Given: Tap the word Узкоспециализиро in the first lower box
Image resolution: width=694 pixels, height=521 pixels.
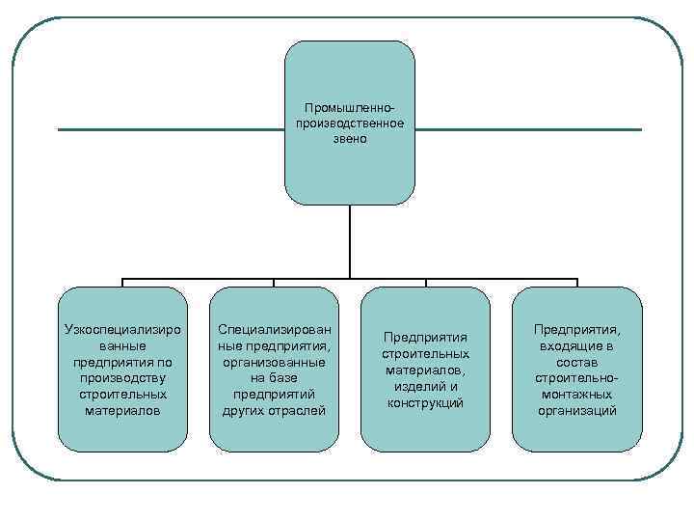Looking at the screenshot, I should pos(122,329).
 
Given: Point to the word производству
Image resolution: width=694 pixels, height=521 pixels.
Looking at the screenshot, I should pos(122,378).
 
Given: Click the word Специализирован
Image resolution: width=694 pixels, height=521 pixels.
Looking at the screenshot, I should pos(274,329).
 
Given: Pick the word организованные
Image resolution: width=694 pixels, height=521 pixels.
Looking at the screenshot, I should pos(274,362).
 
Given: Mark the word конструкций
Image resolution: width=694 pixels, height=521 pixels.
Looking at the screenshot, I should pos(425,402).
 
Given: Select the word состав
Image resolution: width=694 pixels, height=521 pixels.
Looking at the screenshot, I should pos(576,362).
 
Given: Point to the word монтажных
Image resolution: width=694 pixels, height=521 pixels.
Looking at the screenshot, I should pos(576,395).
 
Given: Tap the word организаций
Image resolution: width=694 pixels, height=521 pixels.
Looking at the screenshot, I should pos(576,411).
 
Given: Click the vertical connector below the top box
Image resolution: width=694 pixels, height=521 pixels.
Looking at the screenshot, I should pos(349,241).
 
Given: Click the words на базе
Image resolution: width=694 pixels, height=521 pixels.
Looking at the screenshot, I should pos(274,378).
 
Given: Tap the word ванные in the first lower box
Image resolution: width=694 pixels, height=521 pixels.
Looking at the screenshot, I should pos(122,345).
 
